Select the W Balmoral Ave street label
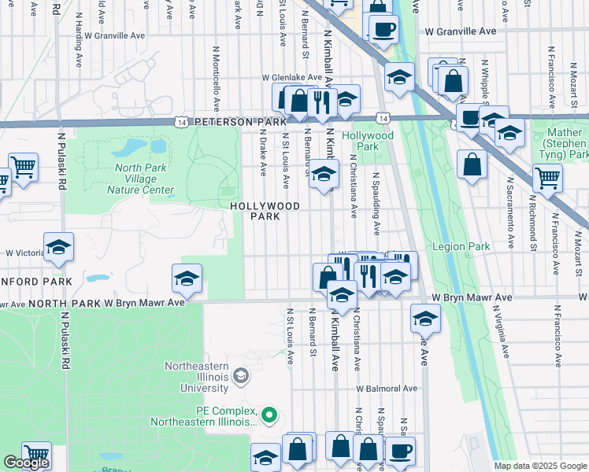coord(385,389)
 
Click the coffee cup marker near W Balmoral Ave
coord(401,451)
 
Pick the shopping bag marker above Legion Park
coord(472,165)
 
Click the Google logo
coord(26,463)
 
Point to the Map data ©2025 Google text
coord(540,466)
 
